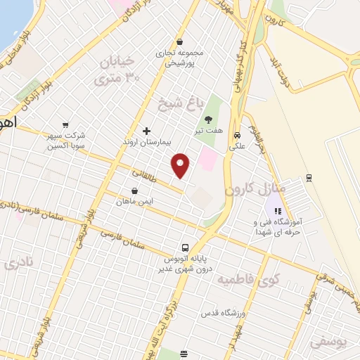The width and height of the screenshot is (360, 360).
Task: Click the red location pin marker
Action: pyautogui.click(x=181, y=165)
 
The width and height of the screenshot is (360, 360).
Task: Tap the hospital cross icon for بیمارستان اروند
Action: pyautogui.click(x=146, y=131)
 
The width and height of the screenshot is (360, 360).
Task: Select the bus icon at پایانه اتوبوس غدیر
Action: pyautogui.click(x=185, y=247)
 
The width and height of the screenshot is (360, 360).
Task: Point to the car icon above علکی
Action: pyautogui.click(x=238, y=135)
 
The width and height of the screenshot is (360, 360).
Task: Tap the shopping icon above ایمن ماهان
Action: pyautogui.click(x=134, y=190)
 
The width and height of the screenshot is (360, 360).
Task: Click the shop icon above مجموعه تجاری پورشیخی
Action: pyautogui.click(x=181, y=41)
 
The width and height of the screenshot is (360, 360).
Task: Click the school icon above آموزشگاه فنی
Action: pyautogui.click(x=278, y=210)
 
